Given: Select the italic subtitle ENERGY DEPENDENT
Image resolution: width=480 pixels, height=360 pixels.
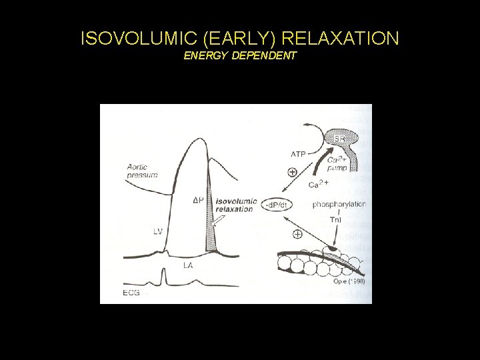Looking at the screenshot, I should click(x=239, y=56).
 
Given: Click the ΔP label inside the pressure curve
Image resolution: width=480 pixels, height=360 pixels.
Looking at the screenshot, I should click(x=198, y=200).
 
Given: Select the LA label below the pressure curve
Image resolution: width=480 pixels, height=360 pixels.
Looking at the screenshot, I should click(x=189, y=265).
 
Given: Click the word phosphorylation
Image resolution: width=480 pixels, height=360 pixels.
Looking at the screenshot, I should click(x=339, y=204).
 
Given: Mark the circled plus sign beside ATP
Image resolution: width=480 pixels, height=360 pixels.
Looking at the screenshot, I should click(x=292, y=171).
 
